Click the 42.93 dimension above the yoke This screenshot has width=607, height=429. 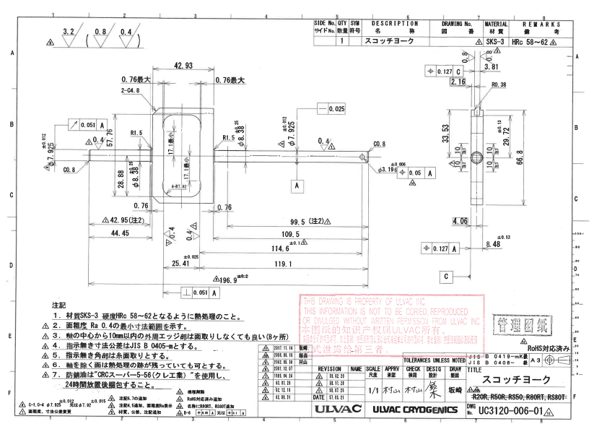coord(183,66)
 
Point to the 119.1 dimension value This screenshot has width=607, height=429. coord(275,264)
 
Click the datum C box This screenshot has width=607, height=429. coord(447,276)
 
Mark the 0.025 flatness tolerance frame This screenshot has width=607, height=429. coord(333,109)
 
